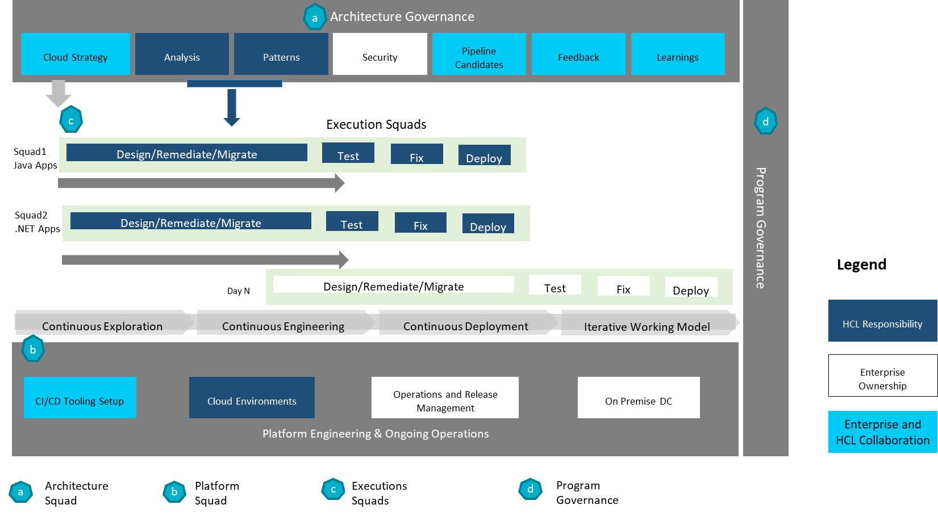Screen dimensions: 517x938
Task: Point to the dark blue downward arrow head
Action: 231,121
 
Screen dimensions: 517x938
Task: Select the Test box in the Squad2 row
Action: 352,221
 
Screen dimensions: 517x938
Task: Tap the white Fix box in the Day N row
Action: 623,286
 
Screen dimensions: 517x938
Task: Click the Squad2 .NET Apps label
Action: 37,222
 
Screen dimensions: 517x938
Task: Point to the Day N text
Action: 238,291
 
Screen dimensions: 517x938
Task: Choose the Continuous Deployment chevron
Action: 466,323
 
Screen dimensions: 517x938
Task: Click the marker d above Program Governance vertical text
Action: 765,121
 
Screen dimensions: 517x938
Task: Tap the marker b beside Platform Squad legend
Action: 174,491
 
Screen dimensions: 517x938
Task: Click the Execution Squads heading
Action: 376,124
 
